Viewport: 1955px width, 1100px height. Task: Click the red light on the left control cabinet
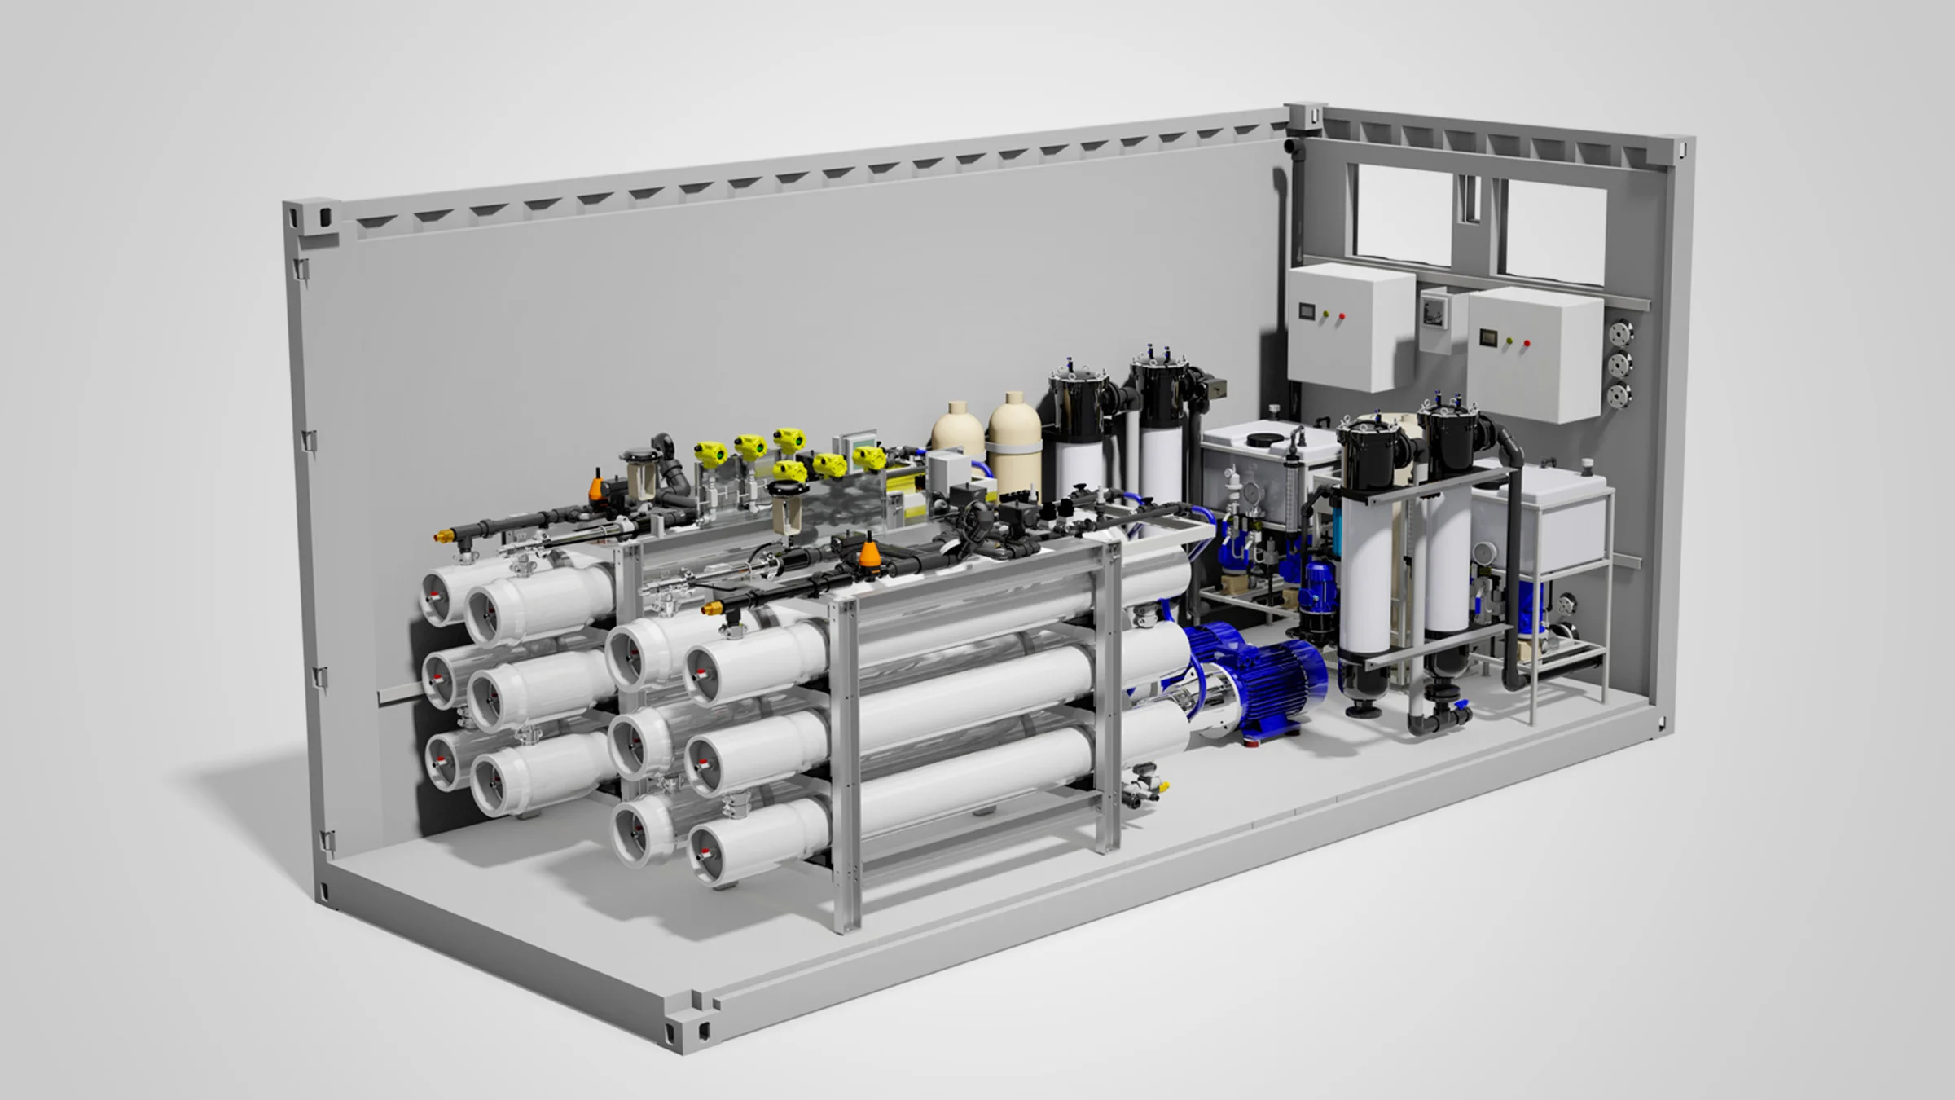[x=1342, y=316]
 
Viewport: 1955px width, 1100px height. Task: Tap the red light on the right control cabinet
[x=1527, y=344]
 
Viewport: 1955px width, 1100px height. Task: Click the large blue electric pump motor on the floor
[x=1254, y=676]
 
